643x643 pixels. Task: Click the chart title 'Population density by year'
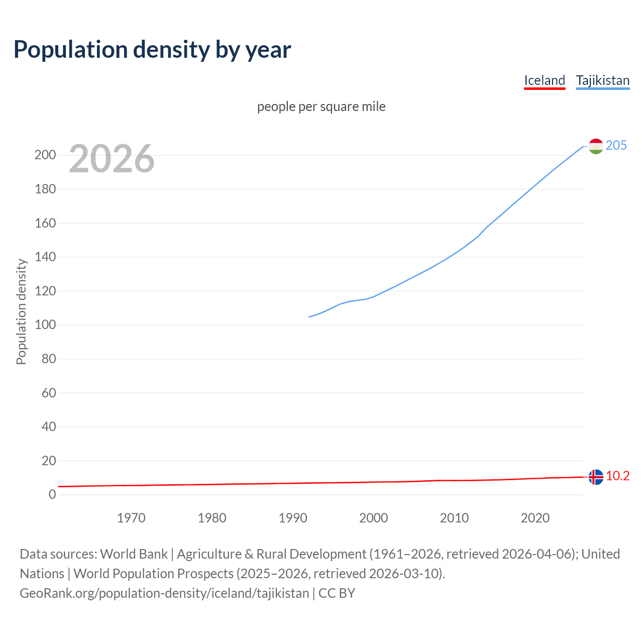(x=152, y=50)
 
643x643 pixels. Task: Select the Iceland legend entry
(x=545, y=80)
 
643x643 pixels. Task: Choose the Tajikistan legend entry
(x=602, y=80)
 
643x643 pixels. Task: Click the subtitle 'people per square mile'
(x=321, y=106)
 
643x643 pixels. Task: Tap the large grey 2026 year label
(x=112, y=159)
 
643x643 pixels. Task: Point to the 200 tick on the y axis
(x=45, y=155)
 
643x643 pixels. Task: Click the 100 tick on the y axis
(x=45, y=325)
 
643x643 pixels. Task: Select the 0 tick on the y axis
(x=52, y=495)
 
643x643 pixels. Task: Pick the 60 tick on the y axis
(x=49, y=393)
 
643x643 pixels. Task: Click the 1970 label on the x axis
(x=131, y=518)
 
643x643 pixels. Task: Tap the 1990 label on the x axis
(x=293, y=518)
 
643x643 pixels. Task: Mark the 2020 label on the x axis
(x=535, y=518)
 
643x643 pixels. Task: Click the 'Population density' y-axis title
(x=21, y=311)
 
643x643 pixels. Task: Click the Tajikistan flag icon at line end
(x=596, y=146)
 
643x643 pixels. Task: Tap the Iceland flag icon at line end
(x=596, y=477)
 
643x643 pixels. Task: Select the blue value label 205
(x=616, y=146)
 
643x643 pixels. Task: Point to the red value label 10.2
(x=618, y=476)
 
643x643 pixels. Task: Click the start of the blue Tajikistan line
(x=309, y=317)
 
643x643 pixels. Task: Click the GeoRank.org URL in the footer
(x=164, y=593)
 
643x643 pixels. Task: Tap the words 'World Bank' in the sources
(x=134, y=554)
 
